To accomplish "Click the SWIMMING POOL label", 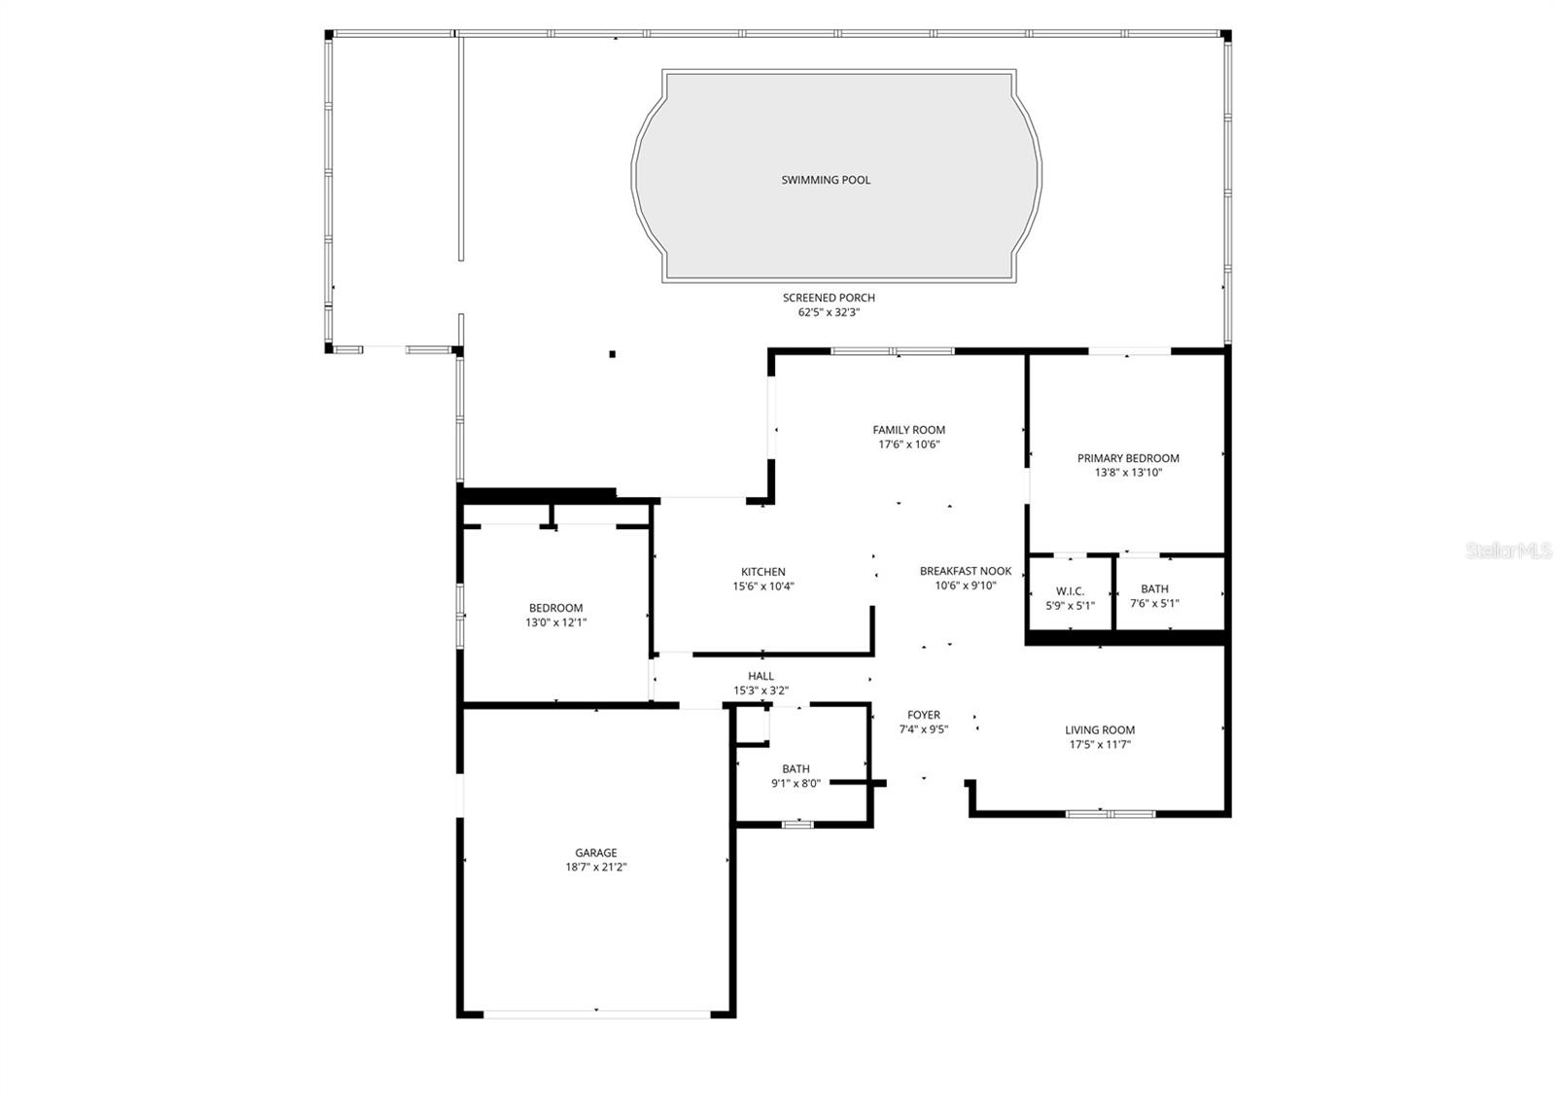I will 826,180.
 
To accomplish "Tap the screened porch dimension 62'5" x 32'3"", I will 829,313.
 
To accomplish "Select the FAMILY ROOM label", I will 908,430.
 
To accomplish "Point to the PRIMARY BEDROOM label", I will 1128,458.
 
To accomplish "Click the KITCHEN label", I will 762,572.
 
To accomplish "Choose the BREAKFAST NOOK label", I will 966,571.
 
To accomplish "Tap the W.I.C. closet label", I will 1070,591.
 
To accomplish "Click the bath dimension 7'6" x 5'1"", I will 1154,603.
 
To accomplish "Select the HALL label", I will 760,676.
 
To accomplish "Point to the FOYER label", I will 923,715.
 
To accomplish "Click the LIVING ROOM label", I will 1099,730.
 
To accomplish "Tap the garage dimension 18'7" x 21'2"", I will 595,868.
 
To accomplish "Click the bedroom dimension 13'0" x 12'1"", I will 555,622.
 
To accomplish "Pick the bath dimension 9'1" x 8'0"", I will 796,783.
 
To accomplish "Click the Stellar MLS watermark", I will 1509,551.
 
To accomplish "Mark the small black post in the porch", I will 612,354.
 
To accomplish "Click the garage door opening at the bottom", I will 596,1013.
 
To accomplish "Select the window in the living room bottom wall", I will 1110,813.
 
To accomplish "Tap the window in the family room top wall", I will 893,351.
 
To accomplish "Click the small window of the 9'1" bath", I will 797,825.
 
